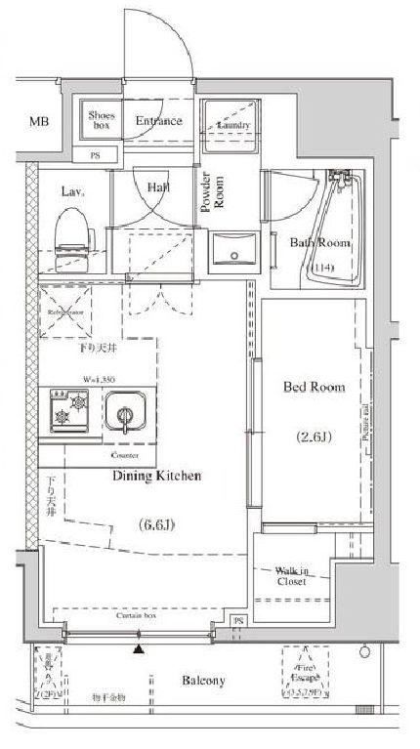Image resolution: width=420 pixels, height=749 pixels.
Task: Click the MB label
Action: click(x=38, y=122)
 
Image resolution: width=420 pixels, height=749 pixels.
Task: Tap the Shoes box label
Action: click(x=102, y=121)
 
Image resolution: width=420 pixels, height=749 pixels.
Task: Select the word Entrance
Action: click(x=158, y=122)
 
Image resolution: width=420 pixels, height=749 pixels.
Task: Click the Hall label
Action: click(x=158, y=187)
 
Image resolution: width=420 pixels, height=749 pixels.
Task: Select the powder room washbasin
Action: click(x=232, y=253)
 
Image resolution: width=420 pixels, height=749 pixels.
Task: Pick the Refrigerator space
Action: click(x=66, y=312)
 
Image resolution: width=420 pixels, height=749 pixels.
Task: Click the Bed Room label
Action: click(x=314, y=388)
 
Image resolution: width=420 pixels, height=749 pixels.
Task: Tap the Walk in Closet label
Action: click(x=289, y=575)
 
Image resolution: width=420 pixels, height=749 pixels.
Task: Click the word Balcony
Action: click(x=203, y=681)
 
